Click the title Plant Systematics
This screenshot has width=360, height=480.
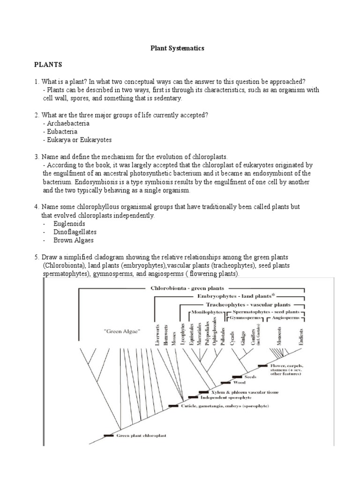coord(177,48)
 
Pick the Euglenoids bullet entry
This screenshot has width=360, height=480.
coord(69,224)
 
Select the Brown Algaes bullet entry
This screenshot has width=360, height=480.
coord(74,240)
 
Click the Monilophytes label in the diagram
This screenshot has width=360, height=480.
coord(204,312)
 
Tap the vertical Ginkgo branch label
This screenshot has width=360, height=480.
coord(243,337)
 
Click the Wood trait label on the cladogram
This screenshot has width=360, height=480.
coord(239,382)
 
